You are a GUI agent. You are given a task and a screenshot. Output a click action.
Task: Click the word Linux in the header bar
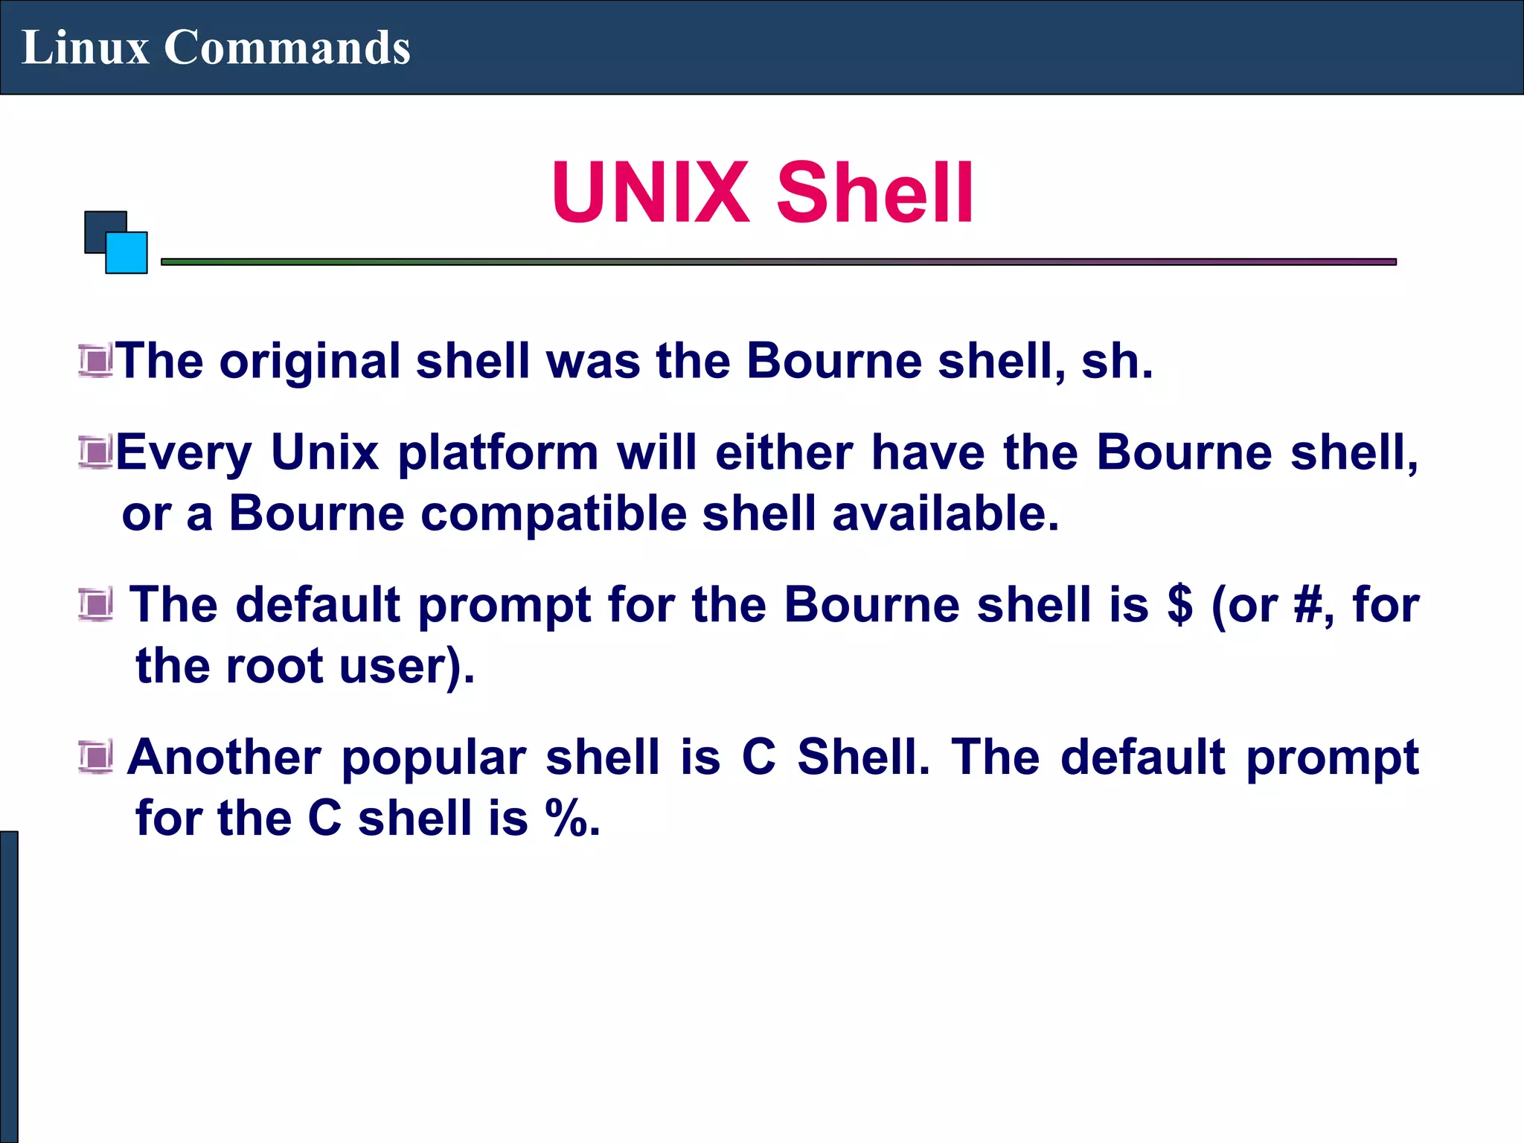pos(85,48)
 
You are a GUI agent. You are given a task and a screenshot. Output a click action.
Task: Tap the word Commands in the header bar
pos(286,48)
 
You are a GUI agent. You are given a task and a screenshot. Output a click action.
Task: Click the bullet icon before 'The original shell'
pos(95,361)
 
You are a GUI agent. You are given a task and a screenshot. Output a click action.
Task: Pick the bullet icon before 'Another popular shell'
pos(95,757)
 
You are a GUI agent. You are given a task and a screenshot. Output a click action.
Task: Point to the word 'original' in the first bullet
pos(310,362)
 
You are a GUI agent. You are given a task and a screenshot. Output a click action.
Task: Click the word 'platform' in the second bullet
pos(498,453)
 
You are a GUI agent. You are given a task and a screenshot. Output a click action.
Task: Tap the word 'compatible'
pos(554,514)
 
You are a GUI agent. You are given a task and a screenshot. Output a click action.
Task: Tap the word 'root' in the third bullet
pos(274,665)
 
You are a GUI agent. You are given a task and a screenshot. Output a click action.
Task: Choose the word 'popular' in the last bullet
pos(434,758)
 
